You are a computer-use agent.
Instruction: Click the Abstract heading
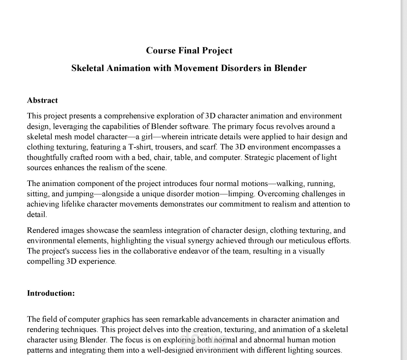point(42,100)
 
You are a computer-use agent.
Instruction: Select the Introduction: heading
point(51,293)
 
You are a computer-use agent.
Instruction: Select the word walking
point(291,184)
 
